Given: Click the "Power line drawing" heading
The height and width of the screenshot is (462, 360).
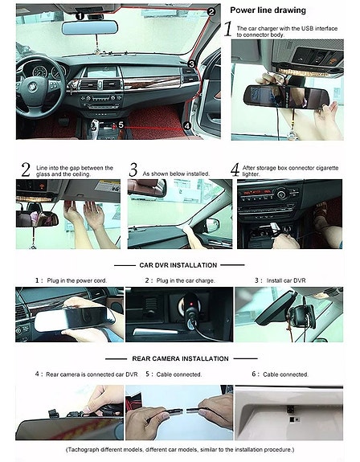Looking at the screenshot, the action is [x=268, y=10].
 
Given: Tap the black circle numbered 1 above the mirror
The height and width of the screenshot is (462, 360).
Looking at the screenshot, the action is [x=80, y=16].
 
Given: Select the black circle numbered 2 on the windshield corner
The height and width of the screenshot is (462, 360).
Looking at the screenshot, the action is [x=211, y=12].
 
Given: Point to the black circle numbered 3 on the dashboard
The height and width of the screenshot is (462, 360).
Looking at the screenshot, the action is [x=191, y=63].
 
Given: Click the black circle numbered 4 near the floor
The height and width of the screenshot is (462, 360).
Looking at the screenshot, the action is [x=187, y=126].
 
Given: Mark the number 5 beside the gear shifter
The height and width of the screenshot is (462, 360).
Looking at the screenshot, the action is [x=121, y=125].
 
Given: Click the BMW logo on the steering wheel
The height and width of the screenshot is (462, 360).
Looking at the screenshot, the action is [x=33, y=87].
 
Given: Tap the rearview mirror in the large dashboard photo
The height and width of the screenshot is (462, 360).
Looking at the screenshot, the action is [x=89, y=27].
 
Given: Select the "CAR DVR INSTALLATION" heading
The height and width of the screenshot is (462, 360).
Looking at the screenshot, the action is [x=178, y=265].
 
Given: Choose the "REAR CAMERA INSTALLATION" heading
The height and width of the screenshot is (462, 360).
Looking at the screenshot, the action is [x=180, y=358].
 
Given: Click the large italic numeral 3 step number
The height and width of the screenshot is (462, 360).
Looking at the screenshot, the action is [x=133, y=170].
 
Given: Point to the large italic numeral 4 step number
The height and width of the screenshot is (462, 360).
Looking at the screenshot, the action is [x=235, y=170].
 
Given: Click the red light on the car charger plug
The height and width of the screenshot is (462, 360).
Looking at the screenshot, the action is [x=191, y=304].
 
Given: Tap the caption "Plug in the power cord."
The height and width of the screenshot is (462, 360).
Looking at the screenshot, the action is [x=77, y=280].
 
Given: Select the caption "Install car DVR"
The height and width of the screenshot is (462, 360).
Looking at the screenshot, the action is [x=286, y=280].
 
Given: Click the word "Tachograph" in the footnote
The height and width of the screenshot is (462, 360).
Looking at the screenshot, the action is [x=83, y=450].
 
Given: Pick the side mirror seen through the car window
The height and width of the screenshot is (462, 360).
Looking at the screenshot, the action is [x=212, y=226].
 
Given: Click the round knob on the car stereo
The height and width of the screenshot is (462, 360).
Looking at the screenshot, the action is [x=281, y=194].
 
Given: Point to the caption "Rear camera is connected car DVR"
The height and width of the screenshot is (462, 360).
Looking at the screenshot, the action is [x=92, y=374].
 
